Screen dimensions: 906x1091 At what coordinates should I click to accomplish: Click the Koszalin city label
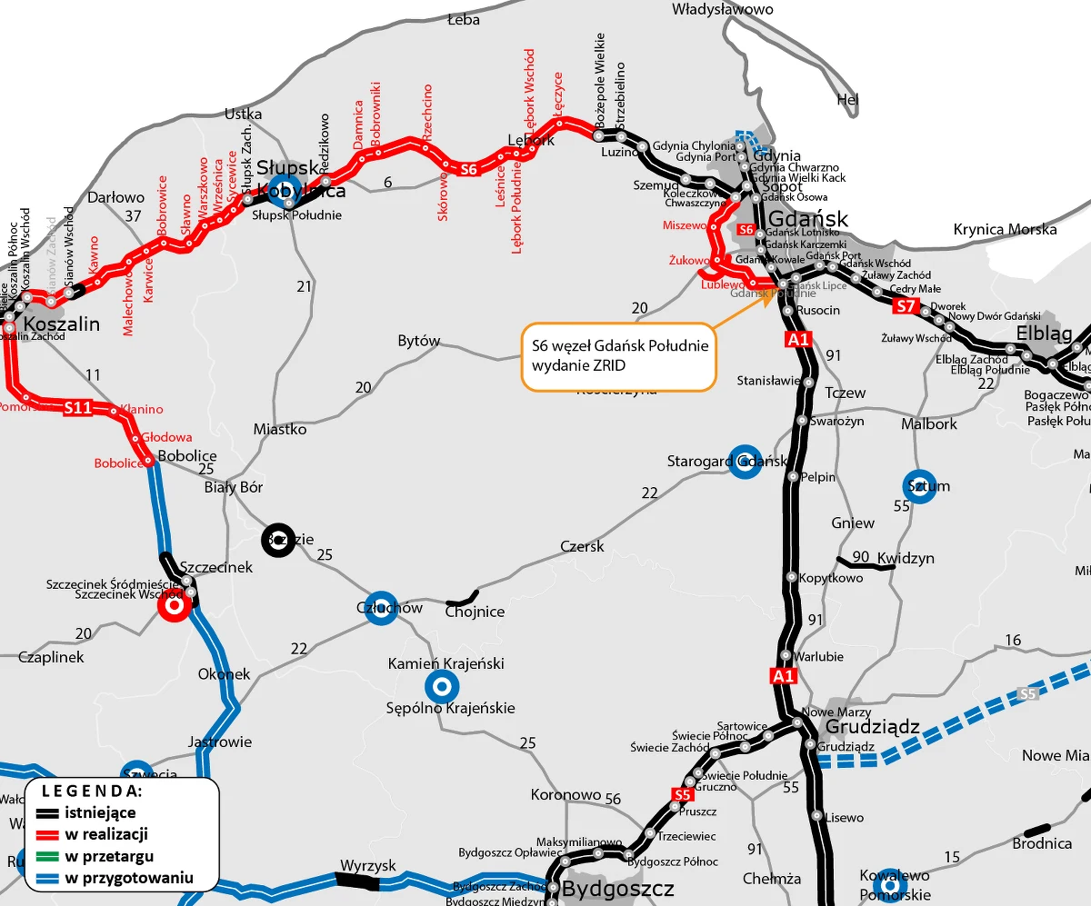(61, 324)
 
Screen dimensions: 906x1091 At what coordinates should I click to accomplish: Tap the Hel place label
(847, 100)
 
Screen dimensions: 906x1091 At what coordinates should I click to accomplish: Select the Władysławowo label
(722, 9)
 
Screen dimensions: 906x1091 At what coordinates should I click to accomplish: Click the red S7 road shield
(905, 306)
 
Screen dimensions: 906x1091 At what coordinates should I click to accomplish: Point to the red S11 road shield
(77, 408)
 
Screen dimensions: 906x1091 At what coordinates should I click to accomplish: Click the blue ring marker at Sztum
(919, 486)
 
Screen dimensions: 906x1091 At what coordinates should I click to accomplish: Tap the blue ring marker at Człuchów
(381, 609)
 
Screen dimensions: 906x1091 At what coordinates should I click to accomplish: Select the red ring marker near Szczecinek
(173, 603)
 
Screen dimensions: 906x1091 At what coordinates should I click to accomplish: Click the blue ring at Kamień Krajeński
(442, 686)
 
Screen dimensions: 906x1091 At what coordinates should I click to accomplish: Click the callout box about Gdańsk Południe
(618, 356)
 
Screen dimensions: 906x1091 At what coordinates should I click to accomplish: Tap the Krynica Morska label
(1006, 230)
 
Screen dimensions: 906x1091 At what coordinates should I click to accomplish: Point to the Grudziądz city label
(872, 727)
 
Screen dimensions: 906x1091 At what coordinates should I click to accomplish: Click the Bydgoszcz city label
(618, 889)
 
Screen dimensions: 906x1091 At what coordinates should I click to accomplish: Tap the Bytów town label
(419, 342)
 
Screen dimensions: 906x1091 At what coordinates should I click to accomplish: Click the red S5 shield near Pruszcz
(683, 795)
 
